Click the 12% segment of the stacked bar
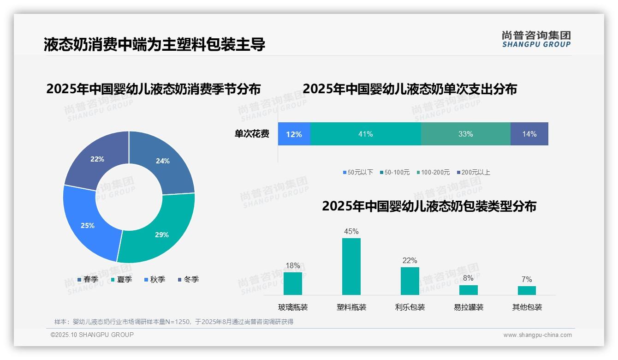coord(294,134)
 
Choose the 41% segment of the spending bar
coord(365,134)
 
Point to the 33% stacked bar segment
coord(465,134)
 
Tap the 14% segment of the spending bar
coord(529,134)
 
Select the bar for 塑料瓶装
coord(351,266)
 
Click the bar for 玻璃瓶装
coord(293,283)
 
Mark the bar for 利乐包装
coord(410,281)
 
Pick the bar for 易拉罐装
coord(468,290)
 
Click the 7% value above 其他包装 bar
coord(527,279)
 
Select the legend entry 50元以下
coord(358,172)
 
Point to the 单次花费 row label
coord(252,134)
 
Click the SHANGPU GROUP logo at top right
coord(536,39)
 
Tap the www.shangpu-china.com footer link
coord(537,335)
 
